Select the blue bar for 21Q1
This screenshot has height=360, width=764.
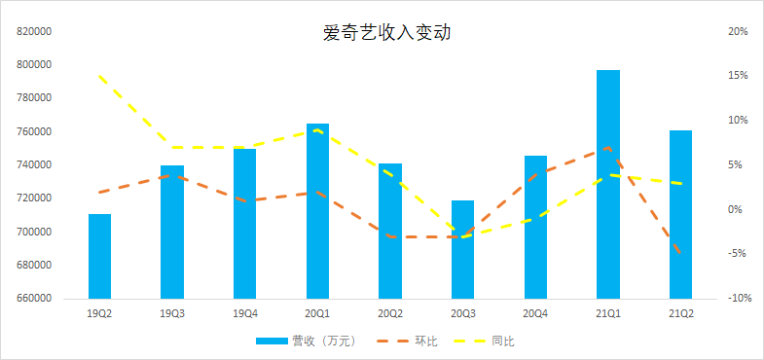click(x=608, y=184)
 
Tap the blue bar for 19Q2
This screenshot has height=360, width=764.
click(x=100, y=256)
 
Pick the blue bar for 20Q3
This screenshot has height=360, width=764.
click(x=463, y=249)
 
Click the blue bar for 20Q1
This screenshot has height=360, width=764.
click(x=318, y=210)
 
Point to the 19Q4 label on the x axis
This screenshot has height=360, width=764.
click(x=245, y=313)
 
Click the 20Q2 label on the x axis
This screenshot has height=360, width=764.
click(x=390, y=313)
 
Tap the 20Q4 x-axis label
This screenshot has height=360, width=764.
click(x=535, y=313)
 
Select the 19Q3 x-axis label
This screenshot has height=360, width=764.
click(x=172, y=313)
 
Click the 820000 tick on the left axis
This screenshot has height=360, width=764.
click(x=34, y=31)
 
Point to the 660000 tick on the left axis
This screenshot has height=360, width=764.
click(x=34, y=299)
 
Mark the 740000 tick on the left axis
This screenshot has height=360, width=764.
click(x=34, y=165)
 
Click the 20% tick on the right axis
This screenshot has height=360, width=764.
click(x=737, y=31)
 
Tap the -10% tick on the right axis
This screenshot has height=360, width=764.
click(x=736, y=299)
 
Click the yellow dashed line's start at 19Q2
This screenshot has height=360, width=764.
click(x=100, y=76)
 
